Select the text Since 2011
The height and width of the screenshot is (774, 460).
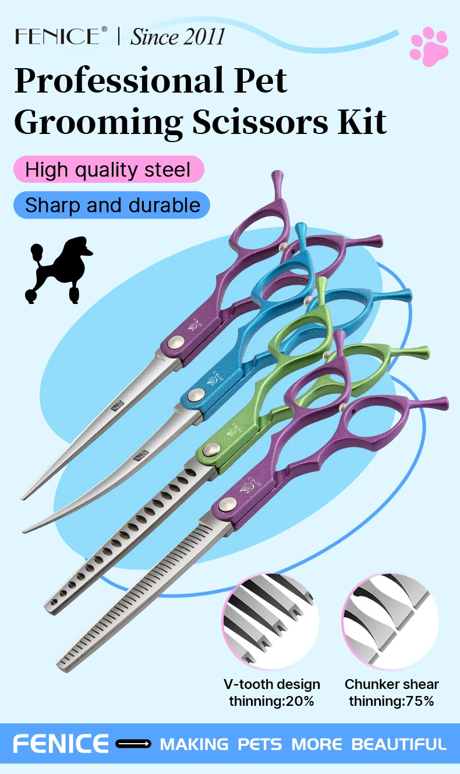point(177,37)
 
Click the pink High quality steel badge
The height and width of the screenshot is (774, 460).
point(108,169)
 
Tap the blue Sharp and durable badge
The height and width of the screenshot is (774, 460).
point(112,205)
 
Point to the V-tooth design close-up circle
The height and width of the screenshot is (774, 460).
point(270,620)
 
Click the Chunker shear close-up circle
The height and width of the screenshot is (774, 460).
point(390,620)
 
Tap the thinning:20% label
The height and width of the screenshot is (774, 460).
point(271,701)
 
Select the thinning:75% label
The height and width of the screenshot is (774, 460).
point(391,701)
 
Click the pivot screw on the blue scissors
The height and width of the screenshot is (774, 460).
point(196,395)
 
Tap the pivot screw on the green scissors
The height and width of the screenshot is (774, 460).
point(212,449)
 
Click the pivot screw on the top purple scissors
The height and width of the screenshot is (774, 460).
point(173,345)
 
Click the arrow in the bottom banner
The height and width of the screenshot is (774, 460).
point(133,744)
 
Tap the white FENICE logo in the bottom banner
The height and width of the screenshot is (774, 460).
point(61,744)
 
